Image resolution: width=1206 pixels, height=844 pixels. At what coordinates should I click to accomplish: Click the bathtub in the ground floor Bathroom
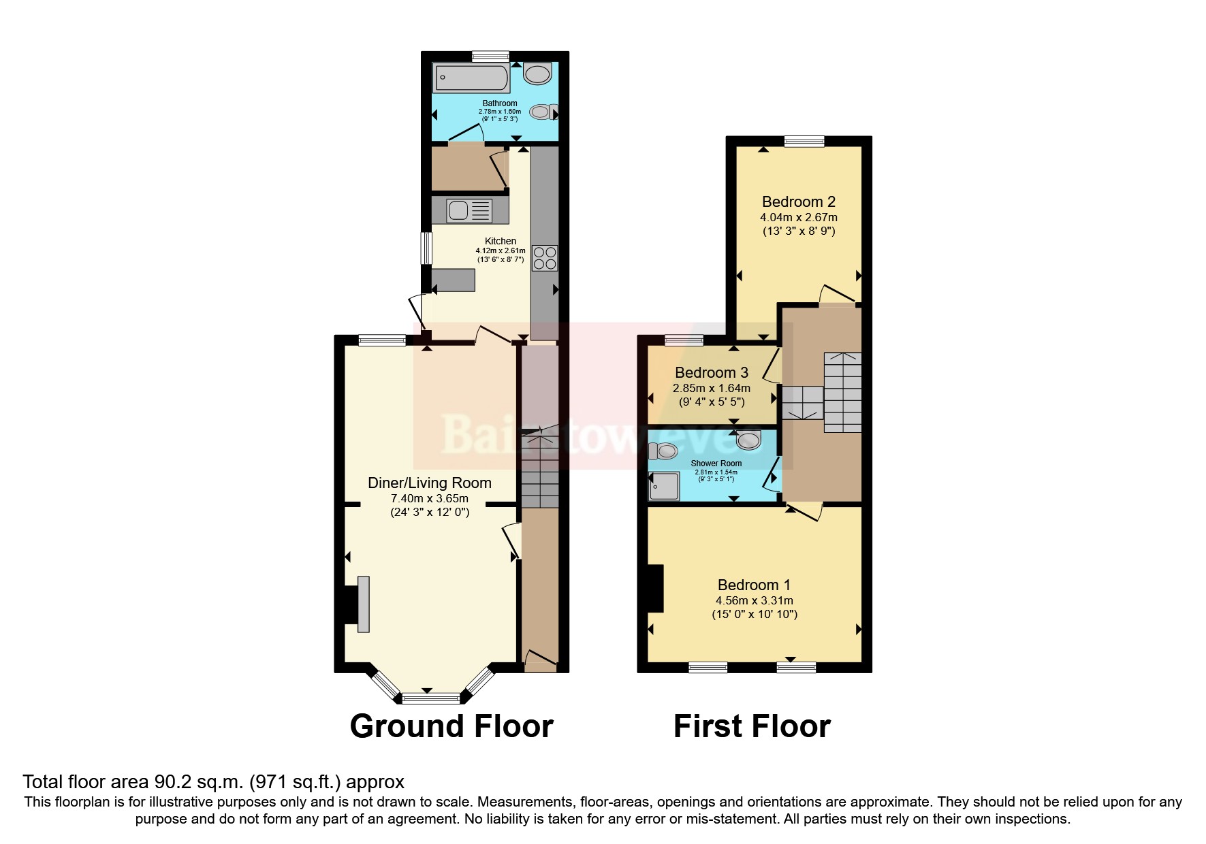(x=471, y=78)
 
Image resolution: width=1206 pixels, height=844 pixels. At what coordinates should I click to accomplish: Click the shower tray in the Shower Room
(x=664, y=486)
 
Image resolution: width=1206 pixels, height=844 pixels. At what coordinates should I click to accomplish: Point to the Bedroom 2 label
(x=798, y=201)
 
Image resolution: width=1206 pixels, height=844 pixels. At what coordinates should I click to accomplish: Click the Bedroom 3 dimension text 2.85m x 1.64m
(x=712, y=388)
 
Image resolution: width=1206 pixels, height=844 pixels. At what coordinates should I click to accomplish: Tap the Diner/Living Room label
(x=430, y=483)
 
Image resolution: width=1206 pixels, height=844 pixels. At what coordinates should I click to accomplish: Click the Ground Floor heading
(x=451, y=726)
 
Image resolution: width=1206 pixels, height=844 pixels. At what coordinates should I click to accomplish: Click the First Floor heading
(x=752, y=726)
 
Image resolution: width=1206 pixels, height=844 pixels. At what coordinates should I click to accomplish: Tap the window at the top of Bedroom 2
(x=804, y=142)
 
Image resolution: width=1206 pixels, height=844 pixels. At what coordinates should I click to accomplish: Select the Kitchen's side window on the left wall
(x=427, y=248)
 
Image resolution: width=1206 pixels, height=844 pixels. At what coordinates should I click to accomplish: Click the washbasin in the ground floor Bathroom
(x=538, y=74)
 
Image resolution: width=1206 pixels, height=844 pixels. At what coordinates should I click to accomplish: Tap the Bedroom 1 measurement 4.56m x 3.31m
(x=754, y=600)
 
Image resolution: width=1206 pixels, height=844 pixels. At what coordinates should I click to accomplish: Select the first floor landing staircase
(x=842, y=393)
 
